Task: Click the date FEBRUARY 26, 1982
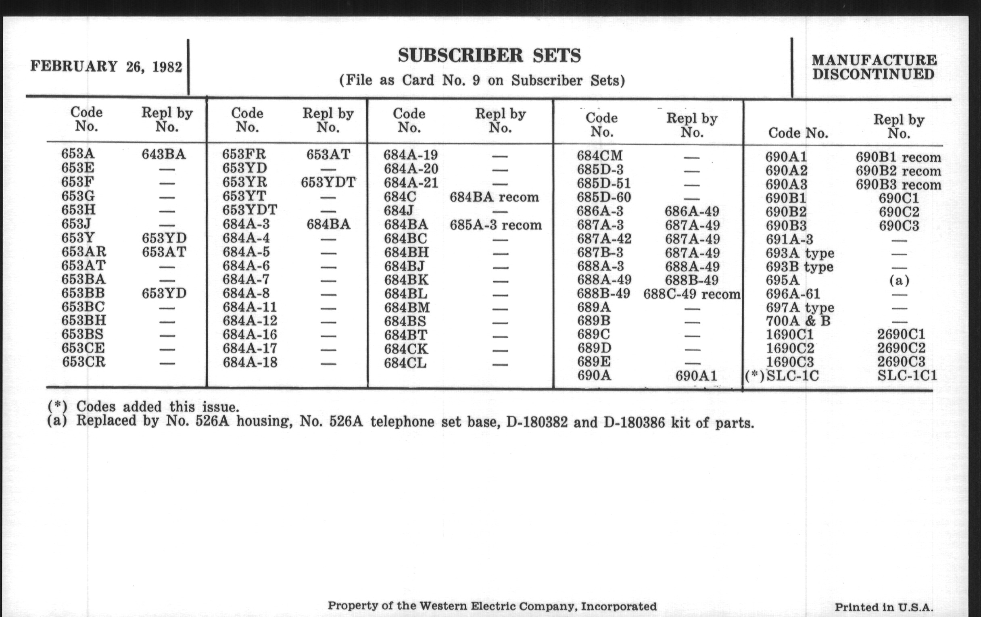coord(106,67)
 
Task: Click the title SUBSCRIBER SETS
coord(489,56)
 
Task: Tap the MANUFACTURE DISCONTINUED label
coord(874,68)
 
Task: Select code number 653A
coord(78,154)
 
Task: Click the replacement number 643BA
coord(164,154)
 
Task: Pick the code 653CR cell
coord(84,362)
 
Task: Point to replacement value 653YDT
coord(328,182)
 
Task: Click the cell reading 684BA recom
coord(494,197)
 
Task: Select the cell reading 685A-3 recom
coord(496,225)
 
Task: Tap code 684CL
coord(405,363)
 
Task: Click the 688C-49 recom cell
coord(692,294)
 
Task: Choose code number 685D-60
coord(604,198)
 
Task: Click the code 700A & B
coord(798,321)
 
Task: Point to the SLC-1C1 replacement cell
coord(907,375)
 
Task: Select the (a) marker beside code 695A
coord(899,280)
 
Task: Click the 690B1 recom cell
coord(898,157)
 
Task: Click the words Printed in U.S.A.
coord(884,607)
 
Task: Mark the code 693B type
coord(799,267)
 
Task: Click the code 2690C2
coord(901,348)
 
